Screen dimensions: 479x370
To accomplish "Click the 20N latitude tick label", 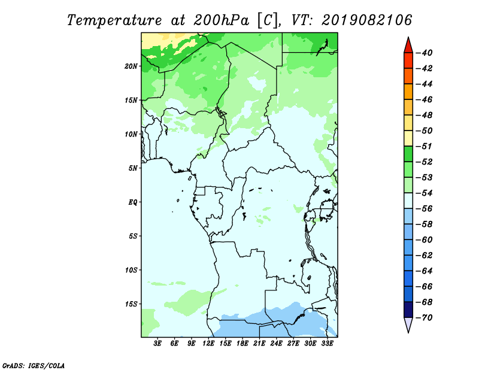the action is [131, 66].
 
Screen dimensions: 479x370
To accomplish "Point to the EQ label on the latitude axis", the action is [133, 202].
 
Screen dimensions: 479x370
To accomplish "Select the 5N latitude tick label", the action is [133, 168].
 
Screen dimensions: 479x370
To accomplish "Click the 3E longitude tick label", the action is [157, 344].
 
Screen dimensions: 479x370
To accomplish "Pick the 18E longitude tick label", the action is [242, 344].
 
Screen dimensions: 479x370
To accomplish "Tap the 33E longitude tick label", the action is [327, 344].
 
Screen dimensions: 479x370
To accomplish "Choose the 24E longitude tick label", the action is [276, 344].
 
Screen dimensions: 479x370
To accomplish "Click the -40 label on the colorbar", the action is [424, 53].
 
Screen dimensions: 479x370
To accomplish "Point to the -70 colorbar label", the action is [424, 318].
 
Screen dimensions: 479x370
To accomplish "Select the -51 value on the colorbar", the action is [424, 146].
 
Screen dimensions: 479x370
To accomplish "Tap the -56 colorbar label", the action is [424, 209].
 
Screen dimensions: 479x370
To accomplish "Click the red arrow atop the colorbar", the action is [408, 46].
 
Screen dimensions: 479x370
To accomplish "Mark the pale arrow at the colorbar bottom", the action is [408, 324].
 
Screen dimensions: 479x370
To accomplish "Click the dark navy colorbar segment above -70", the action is [408, 310].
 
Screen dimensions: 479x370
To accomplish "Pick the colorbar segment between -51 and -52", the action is [408, 154].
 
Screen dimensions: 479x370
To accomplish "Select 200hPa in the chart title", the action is [221, 20].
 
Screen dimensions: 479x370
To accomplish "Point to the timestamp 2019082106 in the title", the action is [366, 20].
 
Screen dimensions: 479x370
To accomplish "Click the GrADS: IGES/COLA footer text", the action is [34, 366].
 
